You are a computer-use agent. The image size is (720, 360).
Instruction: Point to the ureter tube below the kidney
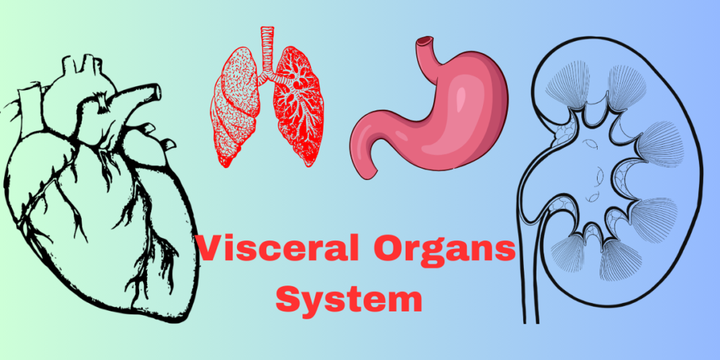pos(528,281)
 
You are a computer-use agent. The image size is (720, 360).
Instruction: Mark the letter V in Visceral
pos(210,250)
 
